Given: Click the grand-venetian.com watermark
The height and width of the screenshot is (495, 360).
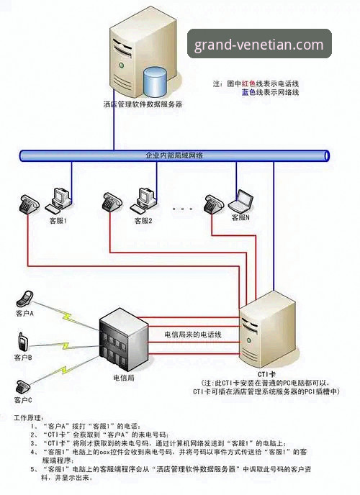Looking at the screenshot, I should click(259, 45).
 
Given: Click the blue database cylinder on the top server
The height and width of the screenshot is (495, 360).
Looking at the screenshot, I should click(154, 82).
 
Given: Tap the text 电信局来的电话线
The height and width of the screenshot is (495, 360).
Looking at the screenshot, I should click(192, 335).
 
